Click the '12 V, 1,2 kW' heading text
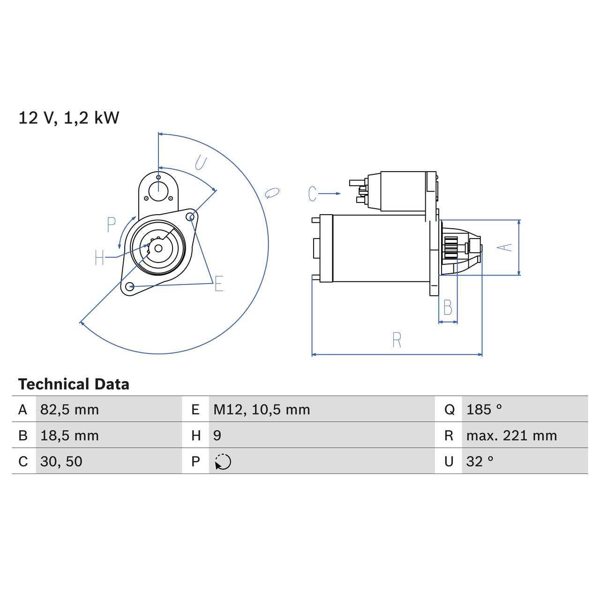point(69,118)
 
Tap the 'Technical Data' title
point(74,384)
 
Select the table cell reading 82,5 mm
point(69,410)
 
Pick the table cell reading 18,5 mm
point(69,435)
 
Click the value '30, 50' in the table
point(61,462)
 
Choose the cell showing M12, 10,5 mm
point(262,410)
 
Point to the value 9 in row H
point(217,435)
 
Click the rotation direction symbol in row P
point(223,462)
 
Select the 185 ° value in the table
point(484,410)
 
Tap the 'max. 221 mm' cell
point(511,435)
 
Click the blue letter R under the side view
point(397,340)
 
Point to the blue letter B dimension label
point(448,308)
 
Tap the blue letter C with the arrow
point(313,194)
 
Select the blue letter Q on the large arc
point(272,193)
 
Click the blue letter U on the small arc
point(201,163)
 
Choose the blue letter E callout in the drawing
point(218,284)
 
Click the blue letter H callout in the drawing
point(99,257)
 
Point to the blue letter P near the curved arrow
point(111,225)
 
